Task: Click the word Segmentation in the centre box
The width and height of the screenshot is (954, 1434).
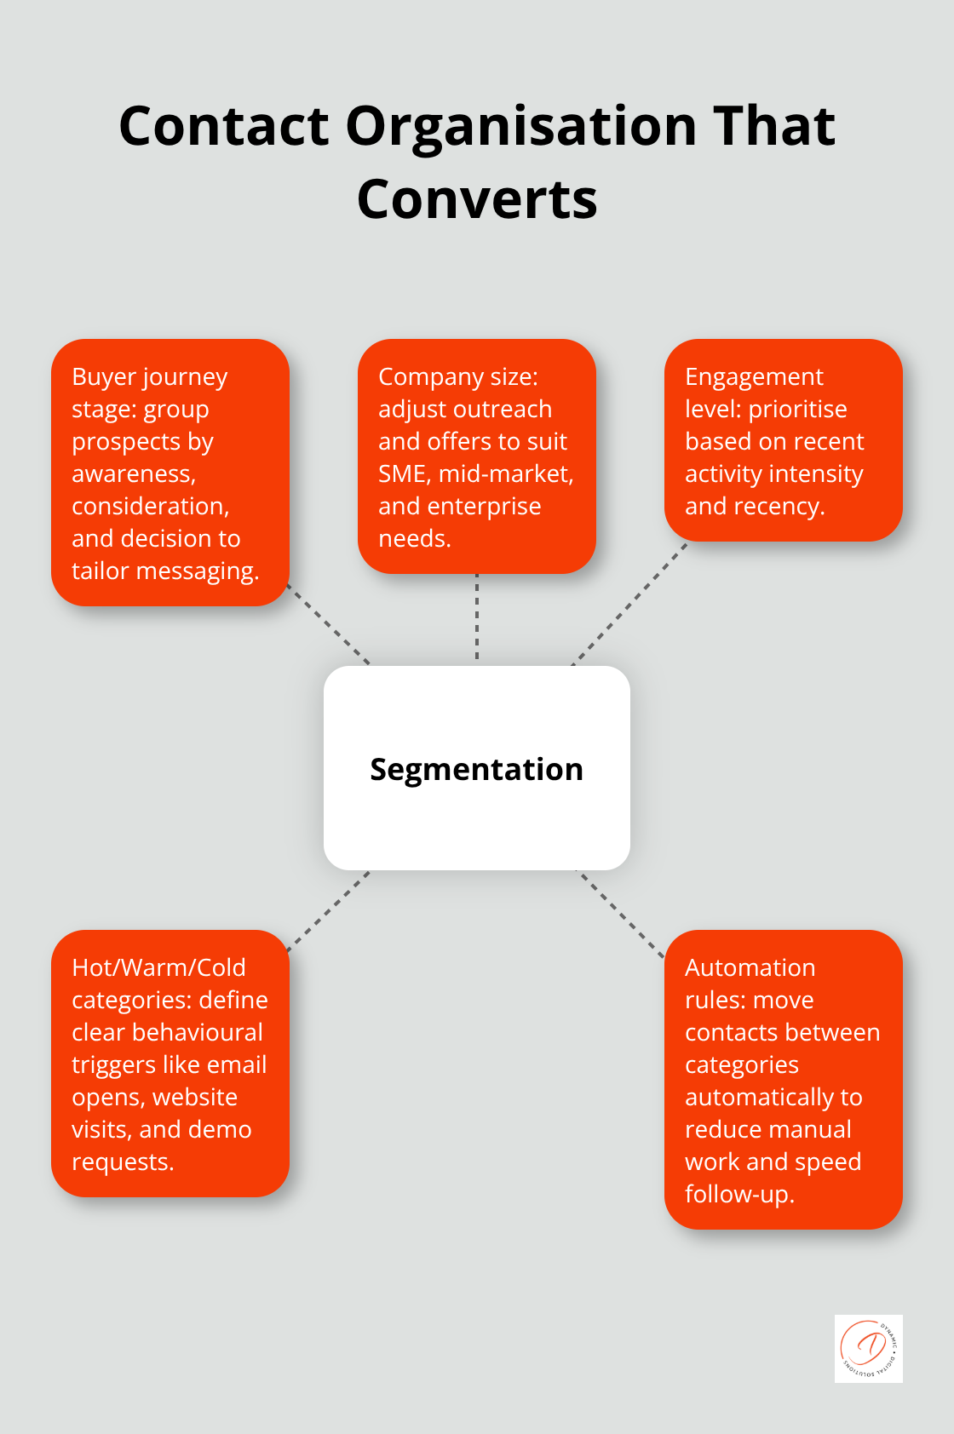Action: click(x=476, y=769)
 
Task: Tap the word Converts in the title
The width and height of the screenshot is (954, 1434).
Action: click(x=477, y=200)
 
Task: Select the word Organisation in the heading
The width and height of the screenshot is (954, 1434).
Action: click(x=521, y=126)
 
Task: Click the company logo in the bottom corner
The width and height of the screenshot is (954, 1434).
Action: click(x=868, y=1348)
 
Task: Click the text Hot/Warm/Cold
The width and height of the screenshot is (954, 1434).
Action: click(x=158, y=967)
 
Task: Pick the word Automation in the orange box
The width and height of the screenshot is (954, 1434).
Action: click(x=750, y=967)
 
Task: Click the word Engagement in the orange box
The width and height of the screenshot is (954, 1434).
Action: click(x=754, y=376)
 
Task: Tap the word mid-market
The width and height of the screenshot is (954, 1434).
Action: click(x=505, y=473)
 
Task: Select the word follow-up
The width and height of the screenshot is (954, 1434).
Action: click(x=738, y=1194)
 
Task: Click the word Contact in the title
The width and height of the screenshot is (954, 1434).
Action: click(x=224, y=126)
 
